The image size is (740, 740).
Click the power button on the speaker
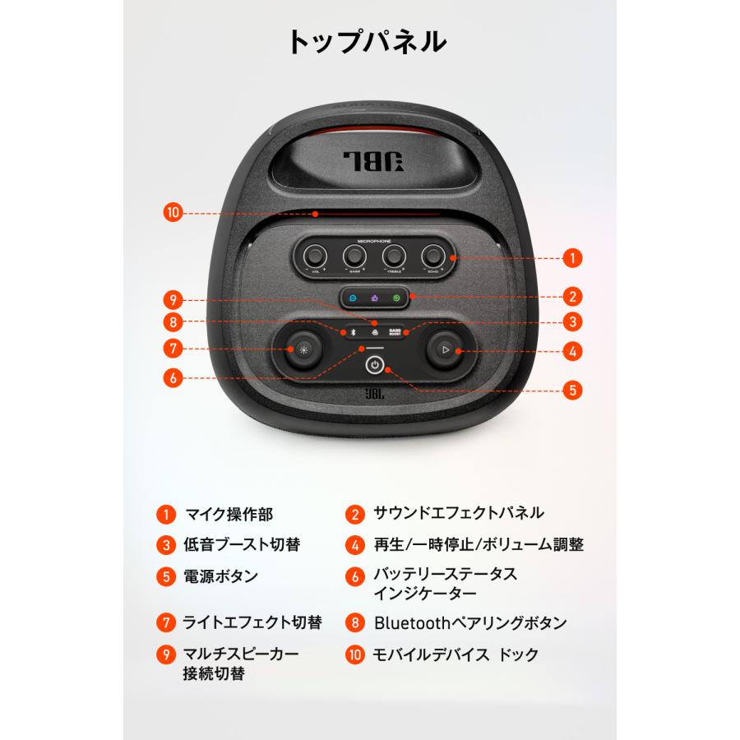[374, 364]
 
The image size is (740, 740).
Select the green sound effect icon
[396, 299]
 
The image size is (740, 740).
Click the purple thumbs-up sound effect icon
[374, 299]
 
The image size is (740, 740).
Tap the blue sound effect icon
[352, 299]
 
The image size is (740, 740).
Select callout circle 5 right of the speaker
[573, 390]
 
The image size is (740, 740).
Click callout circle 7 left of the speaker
[173, 348]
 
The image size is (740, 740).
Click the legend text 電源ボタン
[220, 576]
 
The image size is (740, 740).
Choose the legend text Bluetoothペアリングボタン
[469, 622]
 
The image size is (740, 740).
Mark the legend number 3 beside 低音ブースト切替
[165, 544]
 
